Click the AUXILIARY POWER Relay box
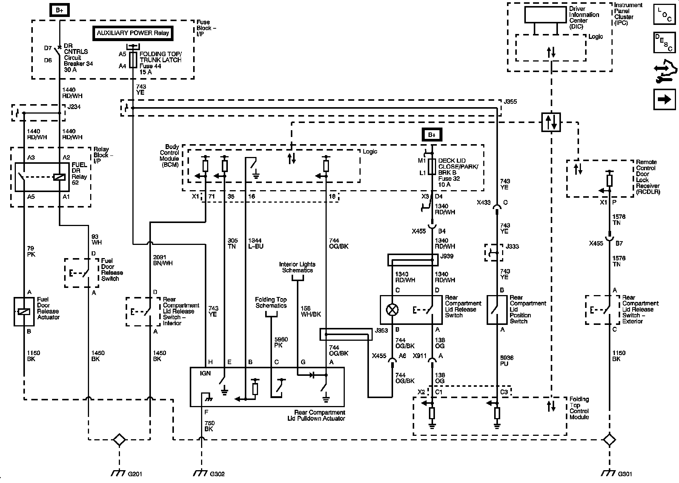coord(133,33)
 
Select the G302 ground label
coord(217,474)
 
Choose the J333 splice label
coord(513,246)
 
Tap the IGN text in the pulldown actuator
coord(205,373)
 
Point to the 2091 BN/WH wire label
coord(163,260)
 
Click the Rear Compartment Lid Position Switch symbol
coord(497,310)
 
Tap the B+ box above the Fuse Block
coord(60,10)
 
